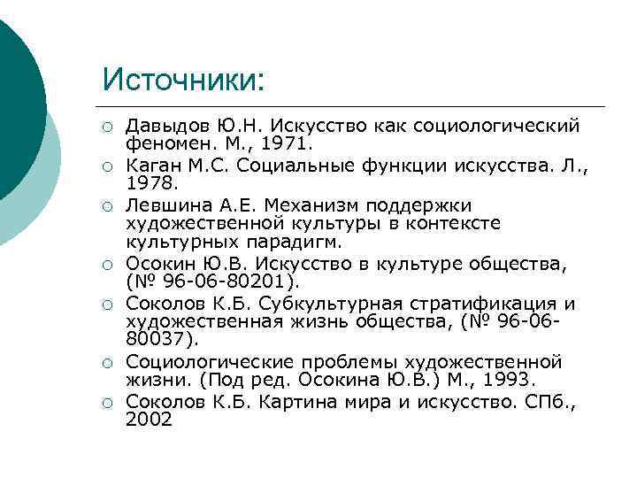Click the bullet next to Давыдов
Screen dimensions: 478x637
105,126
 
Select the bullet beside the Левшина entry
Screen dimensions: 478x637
105,206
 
